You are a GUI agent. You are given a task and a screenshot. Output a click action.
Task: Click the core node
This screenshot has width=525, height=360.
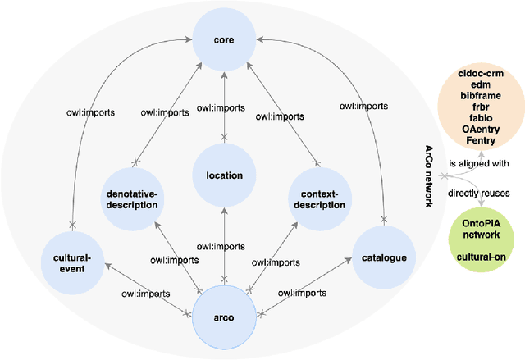[225, 39]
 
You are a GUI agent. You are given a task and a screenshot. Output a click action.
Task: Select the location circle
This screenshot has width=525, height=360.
[225, 175]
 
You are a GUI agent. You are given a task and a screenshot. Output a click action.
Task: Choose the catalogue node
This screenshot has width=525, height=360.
[383, 258]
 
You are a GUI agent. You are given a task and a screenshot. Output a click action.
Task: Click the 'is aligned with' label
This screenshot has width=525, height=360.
[478, 163]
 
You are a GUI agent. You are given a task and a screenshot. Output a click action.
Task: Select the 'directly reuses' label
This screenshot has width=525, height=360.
[477, 193]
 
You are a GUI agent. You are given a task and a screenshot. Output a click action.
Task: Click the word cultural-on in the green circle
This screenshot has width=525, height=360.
[482, 256]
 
